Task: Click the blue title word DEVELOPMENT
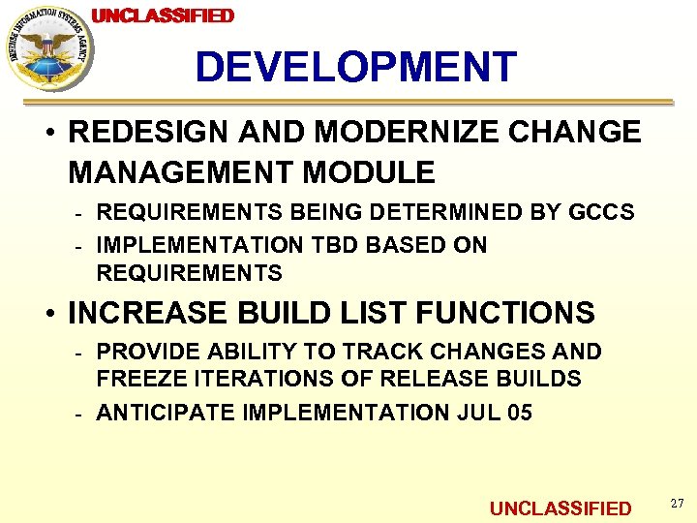[356, 68]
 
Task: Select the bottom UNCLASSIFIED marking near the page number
[561, 508]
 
